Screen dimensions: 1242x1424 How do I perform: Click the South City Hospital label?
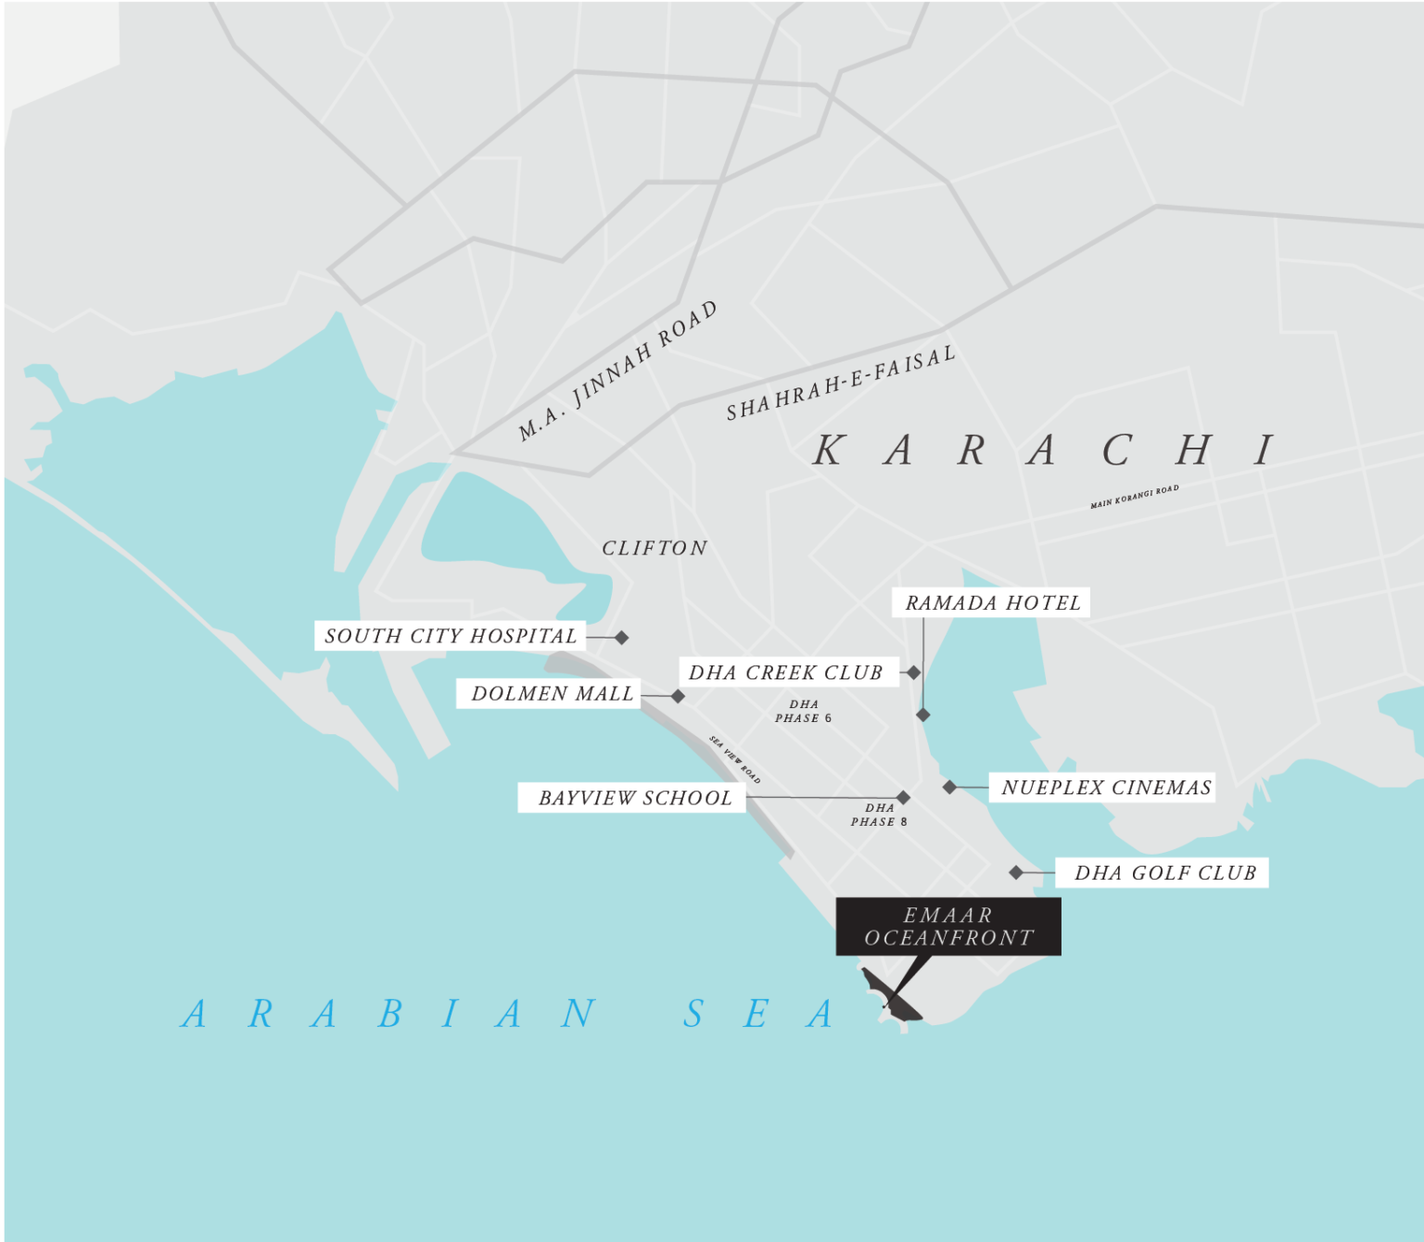coord(451,636)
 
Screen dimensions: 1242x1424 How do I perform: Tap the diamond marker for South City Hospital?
coord(622,638)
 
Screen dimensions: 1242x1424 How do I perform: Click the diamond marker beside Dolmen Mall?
coord(678,696)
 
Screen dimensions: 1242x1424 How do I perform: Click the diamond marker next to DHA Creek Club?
coord(914,673)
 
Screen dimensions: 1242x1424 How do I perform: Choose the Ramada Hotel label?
coord(991,602)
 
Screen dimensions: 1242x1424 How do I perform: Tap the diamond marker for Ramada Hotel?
coord(922,715)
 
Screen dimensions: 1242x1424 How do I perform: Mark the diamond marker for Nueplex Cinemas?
coord(949,787)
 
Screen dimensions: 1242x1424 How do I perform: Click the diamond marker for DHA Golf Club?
coord(1016,872)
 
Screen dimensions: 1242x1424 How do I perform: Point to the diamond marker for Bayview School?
coord(903,797)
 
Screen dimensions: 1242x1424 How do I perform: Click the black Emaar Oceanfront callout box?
coord(948,926)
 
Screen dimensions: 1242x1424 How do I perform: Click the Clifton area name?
coord(655,548)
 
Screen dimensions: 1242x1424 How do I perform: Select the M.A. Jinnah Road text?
coord(617,371)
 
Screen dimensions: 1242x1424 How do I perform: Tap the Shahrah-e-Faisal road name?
coord(840,384)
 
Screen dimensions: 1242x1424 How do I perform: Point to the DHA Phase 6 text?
coord(803,711)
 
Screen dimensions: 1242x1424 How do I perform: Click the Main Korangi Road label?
coord(1134,497)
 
